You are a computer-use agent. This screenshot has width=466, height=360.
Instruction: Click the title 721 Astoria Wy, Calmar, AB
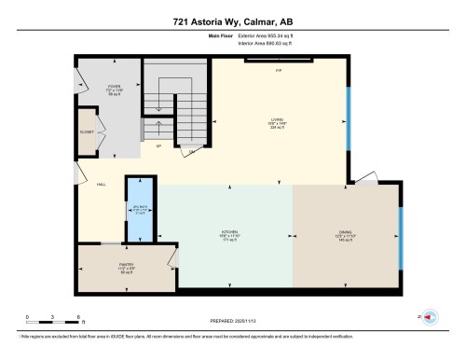232,21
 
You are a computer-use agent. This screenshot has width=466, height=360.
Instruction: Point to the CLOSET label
86,132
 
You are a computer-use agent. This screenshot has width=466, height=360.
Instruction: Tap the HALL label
100,185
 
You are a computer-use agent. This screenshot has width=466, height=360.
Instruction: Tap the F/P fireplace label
278,71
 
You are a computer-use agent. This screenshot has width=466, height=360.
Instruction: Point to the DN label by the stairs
193,151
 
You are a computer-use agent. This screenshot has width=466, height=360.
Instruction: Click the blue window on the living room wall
349,121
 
